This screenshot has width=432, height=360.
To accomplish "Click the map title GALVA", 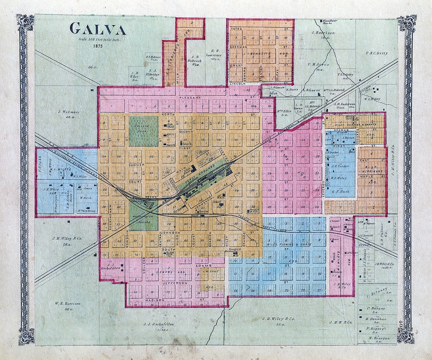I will click(98, 29).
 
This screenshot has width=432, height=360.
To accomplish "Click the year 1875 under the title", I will click(98, 46).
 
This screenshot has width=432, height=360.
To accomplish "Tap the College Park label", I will click(143, 127).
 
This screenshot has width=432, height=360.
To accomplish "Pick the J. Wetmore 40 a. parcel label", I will click(69, 114).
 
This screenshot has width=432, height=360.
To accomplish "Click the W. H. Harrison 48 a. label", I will click(67, 306).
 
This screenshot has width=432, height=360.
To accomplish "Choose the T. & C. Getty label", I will click(376, 53).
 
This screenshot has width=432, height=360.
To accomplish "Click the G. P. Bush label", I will click(340, 192).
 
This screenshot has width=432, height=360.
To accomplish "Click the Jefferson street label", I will click(175, 283).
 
